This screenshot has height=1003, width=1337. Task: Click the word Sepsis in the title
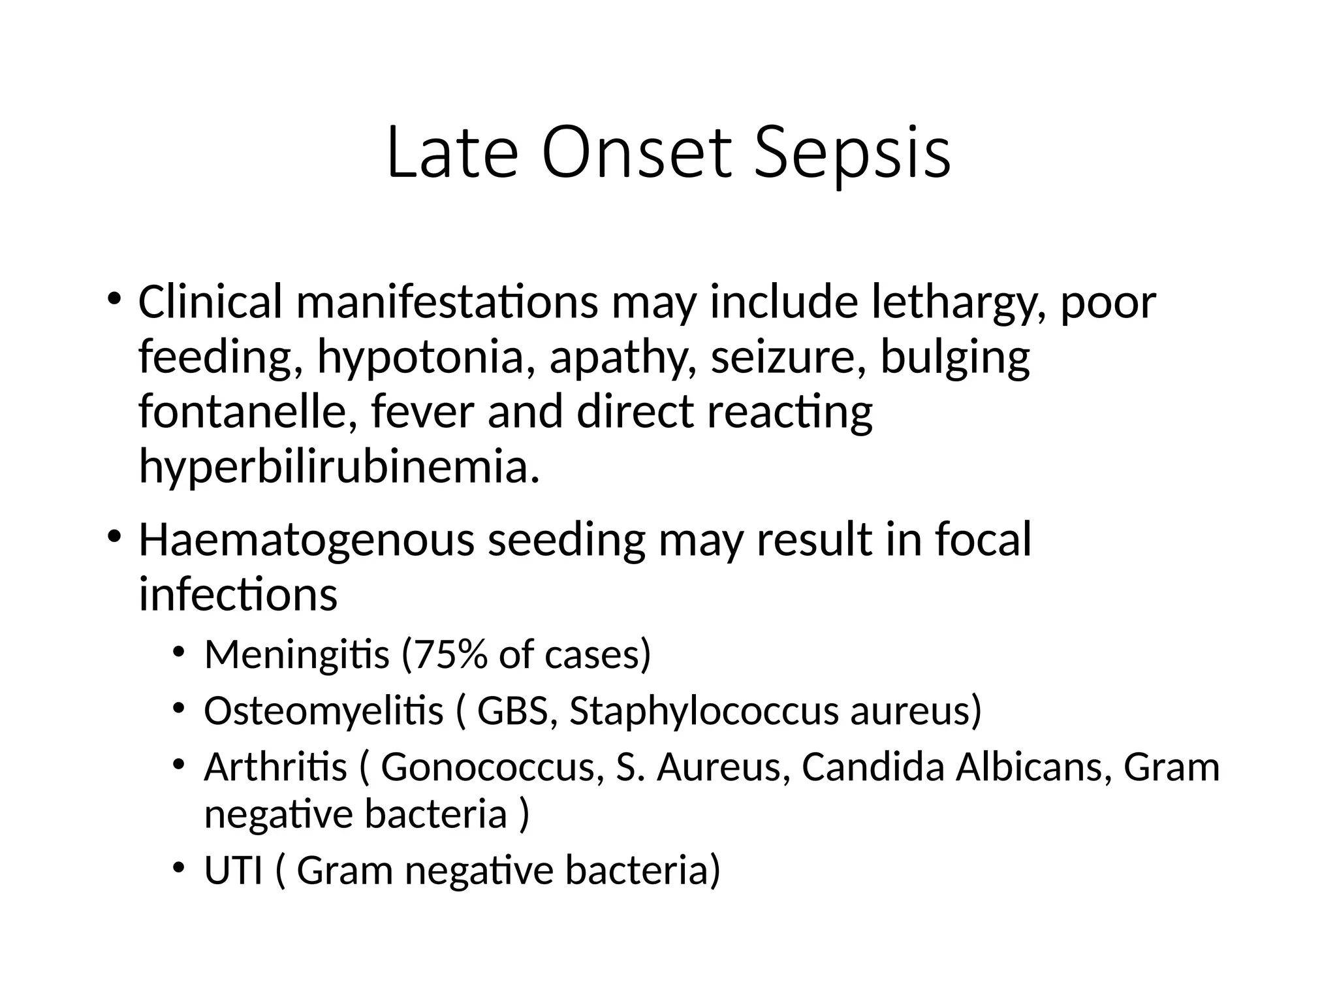[852, 153]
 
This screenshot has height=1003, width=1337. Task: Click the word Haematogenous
[306, 540]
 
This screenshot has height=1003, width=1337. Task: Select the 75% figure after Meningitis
[450, 654]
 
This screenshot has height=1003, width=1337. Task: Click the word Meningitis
[296, 654]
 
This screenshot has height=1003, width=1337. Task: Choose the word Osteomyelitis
[323, 710]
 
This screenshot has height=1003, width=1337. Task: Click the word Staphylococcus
[704, 710]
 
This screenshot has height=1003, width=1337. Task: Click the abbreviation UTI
[233, 870]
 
